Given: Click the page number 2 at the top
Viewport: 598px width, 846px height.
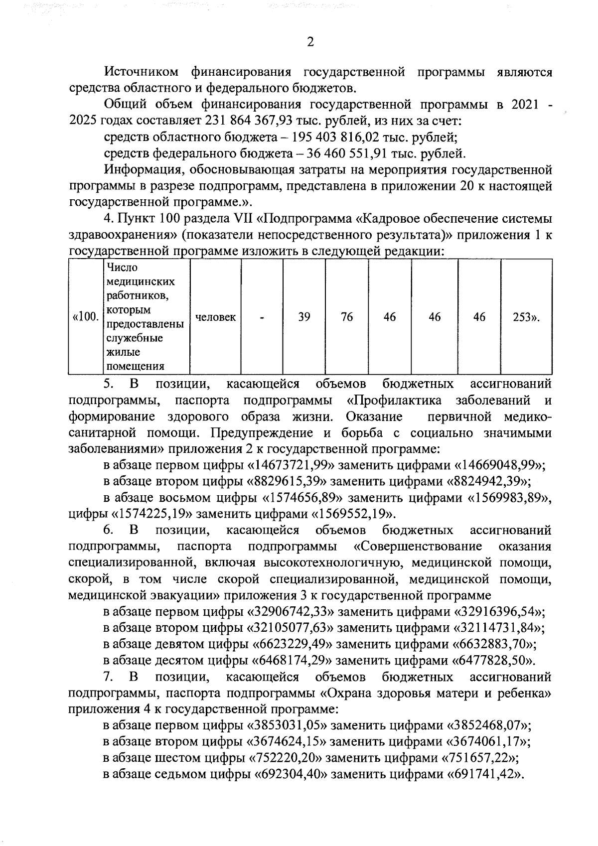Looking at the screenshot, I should (310, 42).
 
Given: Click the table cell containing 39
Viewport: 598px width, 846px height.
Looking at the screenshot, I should (304, 317).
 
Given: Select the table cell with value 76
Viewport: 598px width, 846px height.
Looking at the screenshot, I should (347, 317).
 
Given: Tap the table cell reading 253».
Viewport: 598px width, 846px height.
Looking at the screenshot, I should (526, 317).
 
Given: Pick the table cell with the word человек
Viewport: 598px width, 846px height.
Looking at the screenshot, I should (216, 317).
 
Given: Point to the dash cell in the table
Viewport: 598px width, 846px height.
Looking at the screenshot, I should (262, 317).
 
